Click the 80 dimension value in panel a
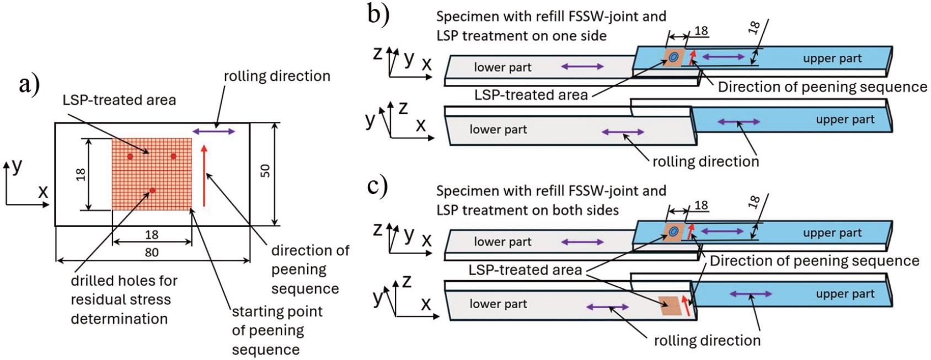click(152, 252)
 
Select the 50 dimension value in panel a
click(265, 170)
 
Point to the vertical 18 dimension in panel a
click(81, 174)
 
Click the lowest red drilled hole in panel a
click(153, 190)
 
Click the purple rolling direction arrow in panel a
click(214, 131)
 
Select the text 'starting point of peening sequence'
click(276, 330)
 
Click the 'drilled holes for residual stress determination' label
click(124, 299)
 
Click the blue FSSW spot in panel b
click(673, 57)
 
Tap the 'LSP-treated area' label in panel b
click(531, 95)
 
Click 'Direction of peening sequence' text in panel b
click(822, 87)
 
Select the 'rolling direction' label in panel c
click(707, 340)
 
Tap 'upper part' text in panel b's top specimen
click(832, 58)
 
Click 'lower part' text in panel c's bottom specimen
click(498, 303)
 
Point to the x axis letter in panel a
click(43, 192)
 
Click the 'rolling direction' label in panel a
click(277, 76)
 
